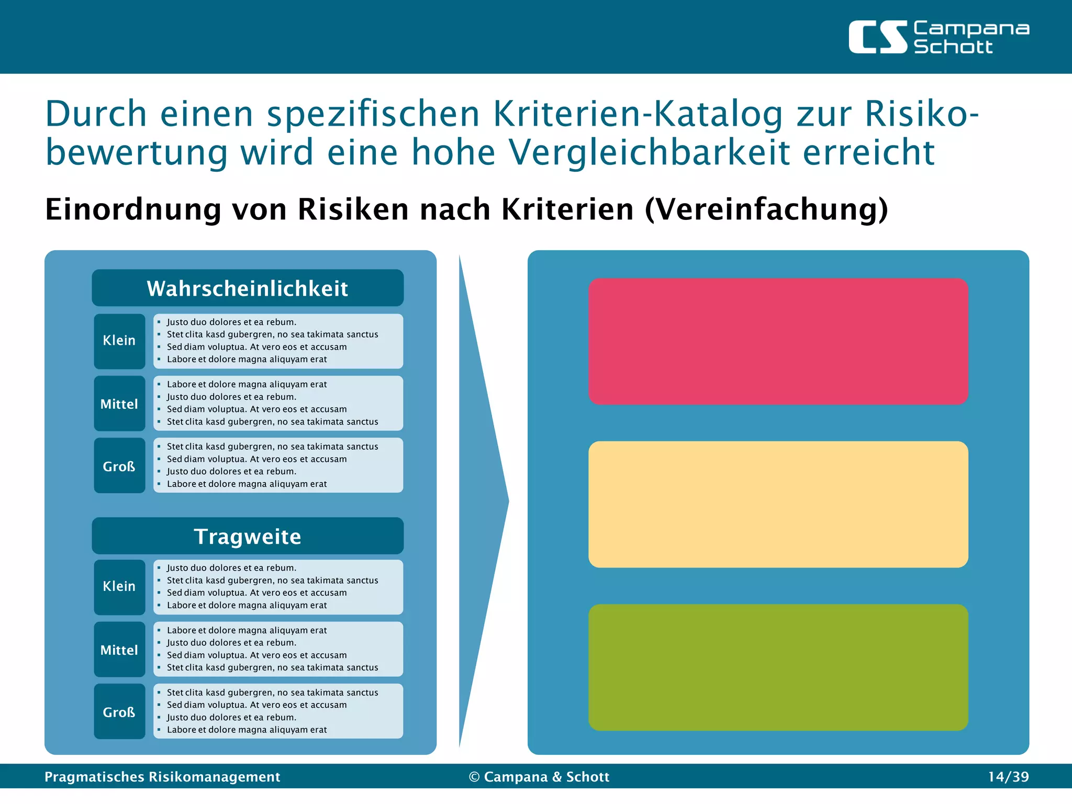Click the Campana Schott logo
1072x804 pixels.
[x=939, y=37]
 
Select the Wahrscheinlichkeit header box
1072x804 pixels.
[x=248, y=288]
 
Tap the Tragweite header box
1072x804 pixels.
[x=248, y=536]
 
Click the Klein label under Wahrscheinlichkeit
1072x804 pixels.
[x=119, y=341]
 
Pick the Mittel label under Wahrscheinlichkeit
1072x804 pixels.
[x=119, y=404]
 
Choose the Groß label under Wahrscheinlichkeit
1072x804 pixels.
[x=119, y=466]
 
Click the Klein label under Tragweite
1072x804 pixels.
[x=119, y=587]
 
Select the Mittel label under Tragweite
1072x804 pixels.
[x=119, y=650]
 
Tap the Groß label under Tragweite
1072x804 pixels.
[x=119, y=712]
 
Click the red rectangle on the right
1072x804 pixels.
[x=778, y=341]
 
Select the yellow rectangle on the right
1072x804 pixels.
[x=778, y=505]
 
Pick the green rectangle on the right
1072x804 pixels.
[x=778, y=667]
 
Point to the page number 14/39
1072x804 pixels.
[x=1008, y=777]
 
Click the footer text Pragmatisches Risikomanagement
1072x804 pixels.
[x=162, y=777]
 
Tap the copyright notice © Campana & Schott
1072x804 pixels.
[x=539, y=777]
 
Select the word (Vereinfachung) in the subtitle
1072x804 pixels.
[x=766, y=209]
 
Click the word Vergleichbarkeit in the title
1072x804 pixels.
[x=649, y=153]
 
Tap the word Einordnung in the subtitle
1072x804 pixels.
[x=133, y=209]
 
